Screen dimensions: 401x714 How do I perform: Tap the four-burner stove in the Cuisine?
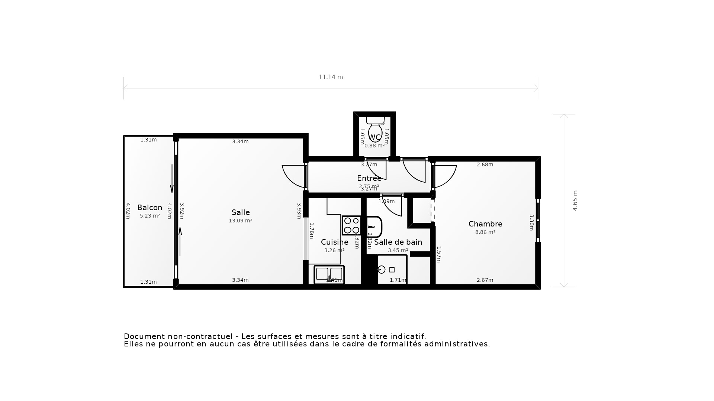click(351, 225)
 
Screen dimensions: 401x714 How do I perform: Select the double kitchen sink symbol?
click(329, 275)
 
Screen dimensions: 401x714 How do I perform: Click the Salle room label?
click(241, 212)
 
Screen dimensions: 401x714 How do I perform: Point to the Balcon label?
click(149, 208)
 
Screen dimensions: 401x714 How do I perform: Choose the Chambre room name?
click(485, 224)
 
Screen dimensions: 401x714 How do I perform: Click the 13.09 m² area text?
click(240, 221)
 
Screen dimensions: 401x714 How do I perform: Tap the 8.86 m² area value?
click(485, 232)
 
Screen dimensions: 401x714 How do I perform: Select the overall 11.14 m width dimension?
click(331, 77)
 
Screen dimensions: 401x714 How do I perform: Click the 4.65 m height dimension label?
click(575, 200)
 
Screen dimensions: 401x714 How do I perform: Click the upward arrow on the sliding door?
click(180, 241)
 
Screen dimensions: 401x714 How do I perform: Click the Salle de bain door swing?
click(392, 208)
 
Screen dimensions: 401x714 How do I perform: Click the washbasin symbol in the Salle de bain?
click(374, 227)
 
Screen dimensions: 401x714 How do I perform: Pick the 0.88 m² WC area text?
click(374, 146)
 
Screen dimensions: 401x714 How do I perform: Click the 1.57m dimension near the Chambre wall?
click(438, 254)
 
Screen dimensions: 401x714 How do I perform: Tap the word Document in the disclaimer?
click(144, 336)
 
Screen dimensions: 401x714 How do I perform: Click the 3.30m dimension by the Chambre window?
click(531, 222)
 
